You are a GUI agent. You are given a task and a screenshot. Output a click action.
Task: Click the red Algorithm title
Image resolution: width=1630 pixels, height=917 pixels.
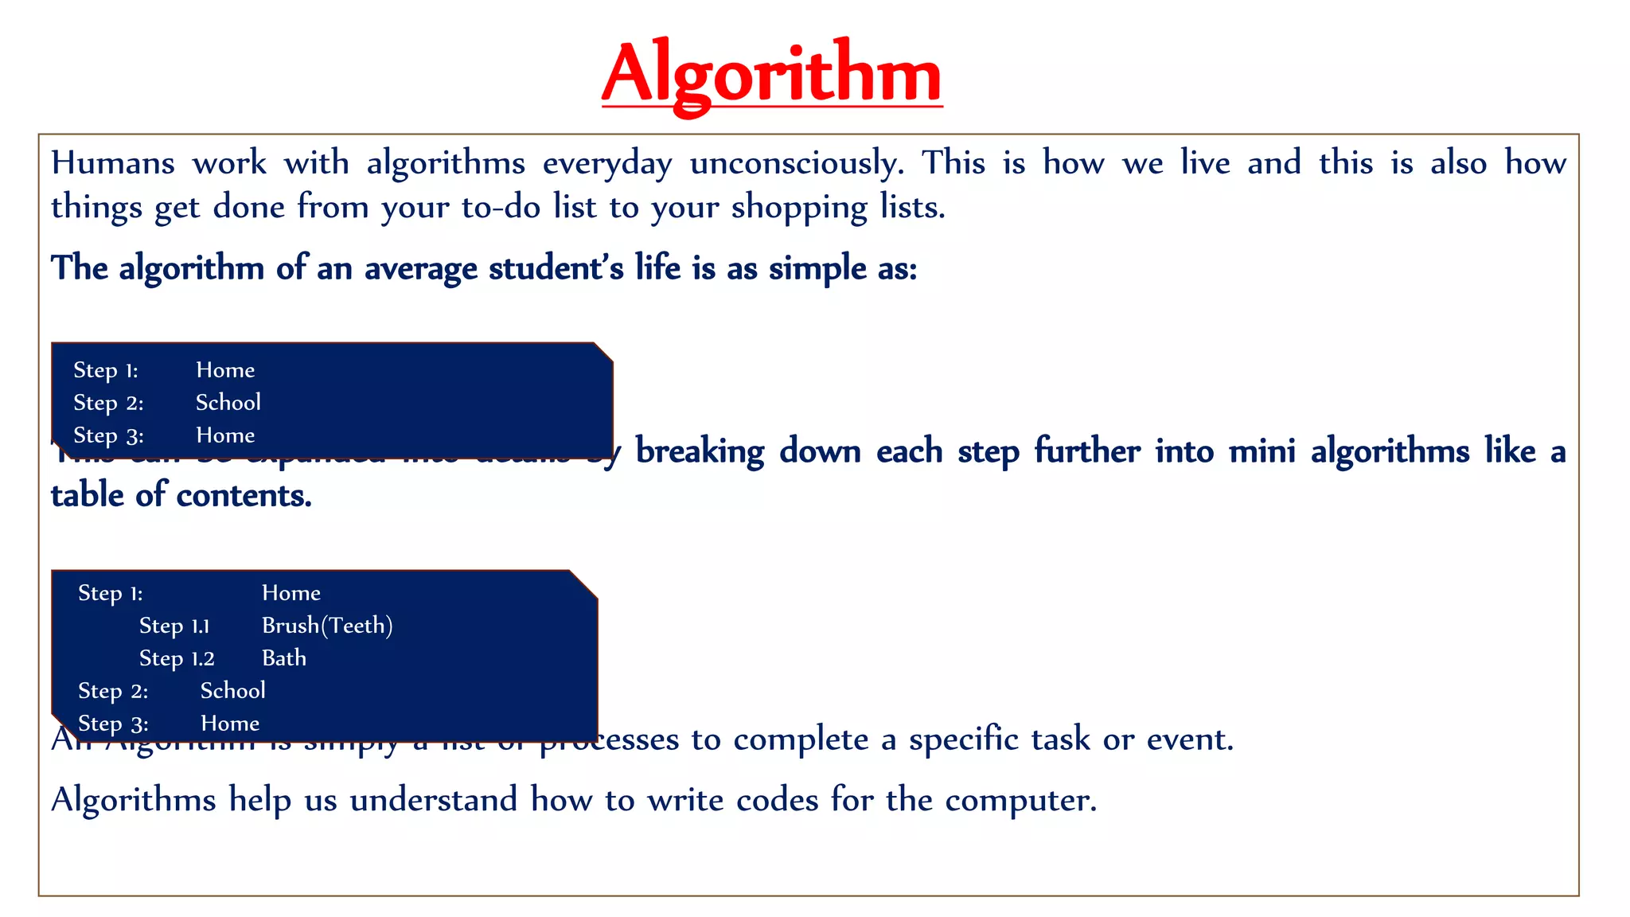coord(771,74)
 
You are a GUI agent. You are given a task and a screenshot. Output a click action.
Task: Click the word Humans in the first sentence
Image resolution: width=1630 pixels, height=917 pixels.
coord(112,163)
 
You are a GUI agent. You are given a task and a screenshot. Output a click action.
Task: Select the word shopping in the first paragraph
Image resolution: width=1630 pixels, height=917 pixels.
coord(798,208)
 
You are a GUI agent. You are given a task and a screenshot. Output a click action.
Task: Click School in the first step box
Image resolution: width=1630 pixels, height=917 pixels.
coord(228,403)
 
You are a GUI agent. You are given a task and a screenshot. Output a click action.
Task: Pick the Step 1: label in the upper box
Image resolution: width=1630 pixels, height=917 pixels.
coord(106,370)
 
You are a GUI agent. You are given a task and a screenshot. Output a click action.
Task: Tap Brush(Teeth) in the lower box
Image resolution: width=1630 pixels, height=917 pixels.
coord(327,626)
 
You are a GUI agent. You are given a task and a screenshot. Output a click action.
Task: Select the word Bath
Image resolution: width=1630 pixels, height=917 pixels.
coord(284,658)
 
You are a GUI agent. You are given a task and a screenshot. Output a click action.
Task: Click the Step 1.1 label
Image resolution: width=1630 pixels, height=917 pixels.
coord(174,626)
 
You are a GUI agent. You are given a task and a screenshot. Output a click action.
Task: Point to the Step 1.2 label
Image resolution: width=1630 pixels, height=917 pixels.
coord(177,658)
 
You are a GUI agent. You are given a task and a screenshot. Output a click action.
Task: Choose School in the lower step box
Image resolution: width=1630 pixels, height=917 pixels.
coord(232,691)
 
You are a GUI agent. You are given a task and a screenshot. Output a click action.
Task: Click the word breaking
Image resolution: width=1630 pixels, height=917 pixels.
coord(700,451)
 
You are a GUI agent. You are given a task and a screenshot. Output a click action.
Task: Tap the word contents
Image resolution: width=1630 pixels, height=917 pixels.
coord(244,496)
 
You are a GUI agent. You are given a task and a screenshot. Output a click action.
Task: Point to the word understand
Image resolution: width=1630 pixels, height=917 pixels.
coord(433,800)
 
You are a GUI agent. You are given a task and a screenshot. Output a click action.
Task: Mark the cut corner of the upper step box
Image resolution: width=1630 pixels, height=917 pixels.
coord(603,353)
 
